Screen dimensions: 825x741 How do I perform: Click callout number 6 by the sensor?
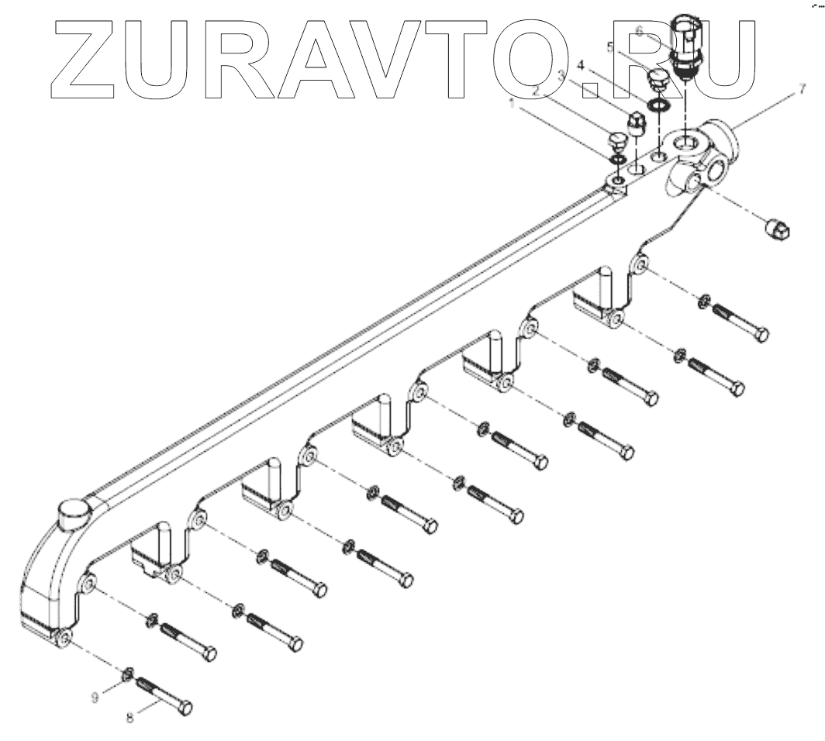[x=639, y=30]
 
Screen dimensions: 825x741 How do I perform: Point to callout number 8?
[x=129, y=718]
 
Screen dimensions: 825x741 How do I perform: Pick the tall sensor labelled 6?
[x=685, y=47]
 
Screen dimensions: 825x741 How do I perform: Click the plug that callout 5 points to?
[x=656, y=82]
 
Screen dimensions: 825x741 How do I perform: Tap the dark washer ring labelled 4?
[x=658, y=104]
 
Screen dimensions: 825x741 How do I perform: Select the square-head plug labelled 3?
[x=636, y=125]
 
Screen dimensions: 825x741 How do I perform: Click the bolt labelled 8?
[x=165, y=695]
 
